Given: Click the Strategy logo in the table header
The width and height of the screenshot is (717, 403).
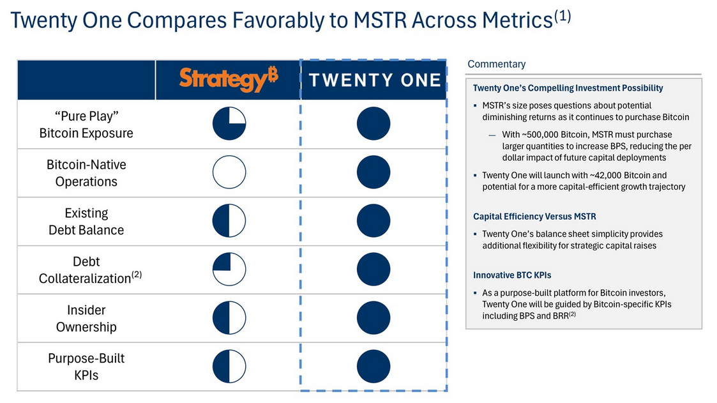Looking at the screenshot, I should point(228,79).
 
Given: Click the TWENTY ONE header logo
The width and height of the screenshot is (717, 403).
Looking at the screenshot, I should point(374,80).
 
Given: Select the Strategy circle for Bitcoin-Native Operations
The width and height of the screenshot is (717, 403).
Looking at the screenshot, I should point(229,172).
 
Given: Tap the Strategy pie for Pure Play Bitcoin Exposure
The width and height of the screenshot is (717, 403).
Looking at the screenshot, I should point(229,124).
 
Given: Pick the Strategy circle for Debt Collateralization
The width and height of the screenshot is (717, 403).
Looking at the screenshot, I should point(229,270).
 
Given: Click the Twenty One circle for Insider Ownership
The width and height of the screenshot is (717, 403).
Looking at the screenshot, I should point(374,318).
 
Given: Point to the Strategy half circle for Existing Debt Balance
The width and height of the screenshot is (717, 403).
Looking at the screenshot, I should point(229,221).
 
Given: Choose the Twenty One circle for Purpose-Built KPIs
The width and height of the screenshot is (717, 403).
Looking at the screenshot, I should point(374,367).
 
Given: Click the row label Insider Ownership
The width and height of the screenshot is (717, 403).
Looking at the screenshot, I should point(86,318).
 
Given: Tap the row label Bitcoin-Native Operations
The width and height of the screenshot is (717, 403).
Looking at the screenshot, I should point(86,172).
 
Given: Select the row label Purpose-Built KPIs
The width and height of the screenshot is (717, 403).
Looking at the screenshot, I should point(86,367).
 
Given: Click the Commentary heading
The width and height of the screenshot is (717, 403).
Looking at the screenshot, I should point(496,64).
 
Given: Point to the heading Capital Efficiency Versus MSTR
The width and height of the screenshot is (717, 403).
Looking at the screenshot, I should point(534,217).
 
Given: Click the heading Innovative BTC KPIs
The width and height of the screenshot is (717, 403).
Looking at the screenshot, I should point(512,275).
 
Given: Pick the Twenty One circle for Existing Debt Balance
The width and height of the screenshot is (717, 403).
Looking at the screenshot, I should point(374,221).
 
